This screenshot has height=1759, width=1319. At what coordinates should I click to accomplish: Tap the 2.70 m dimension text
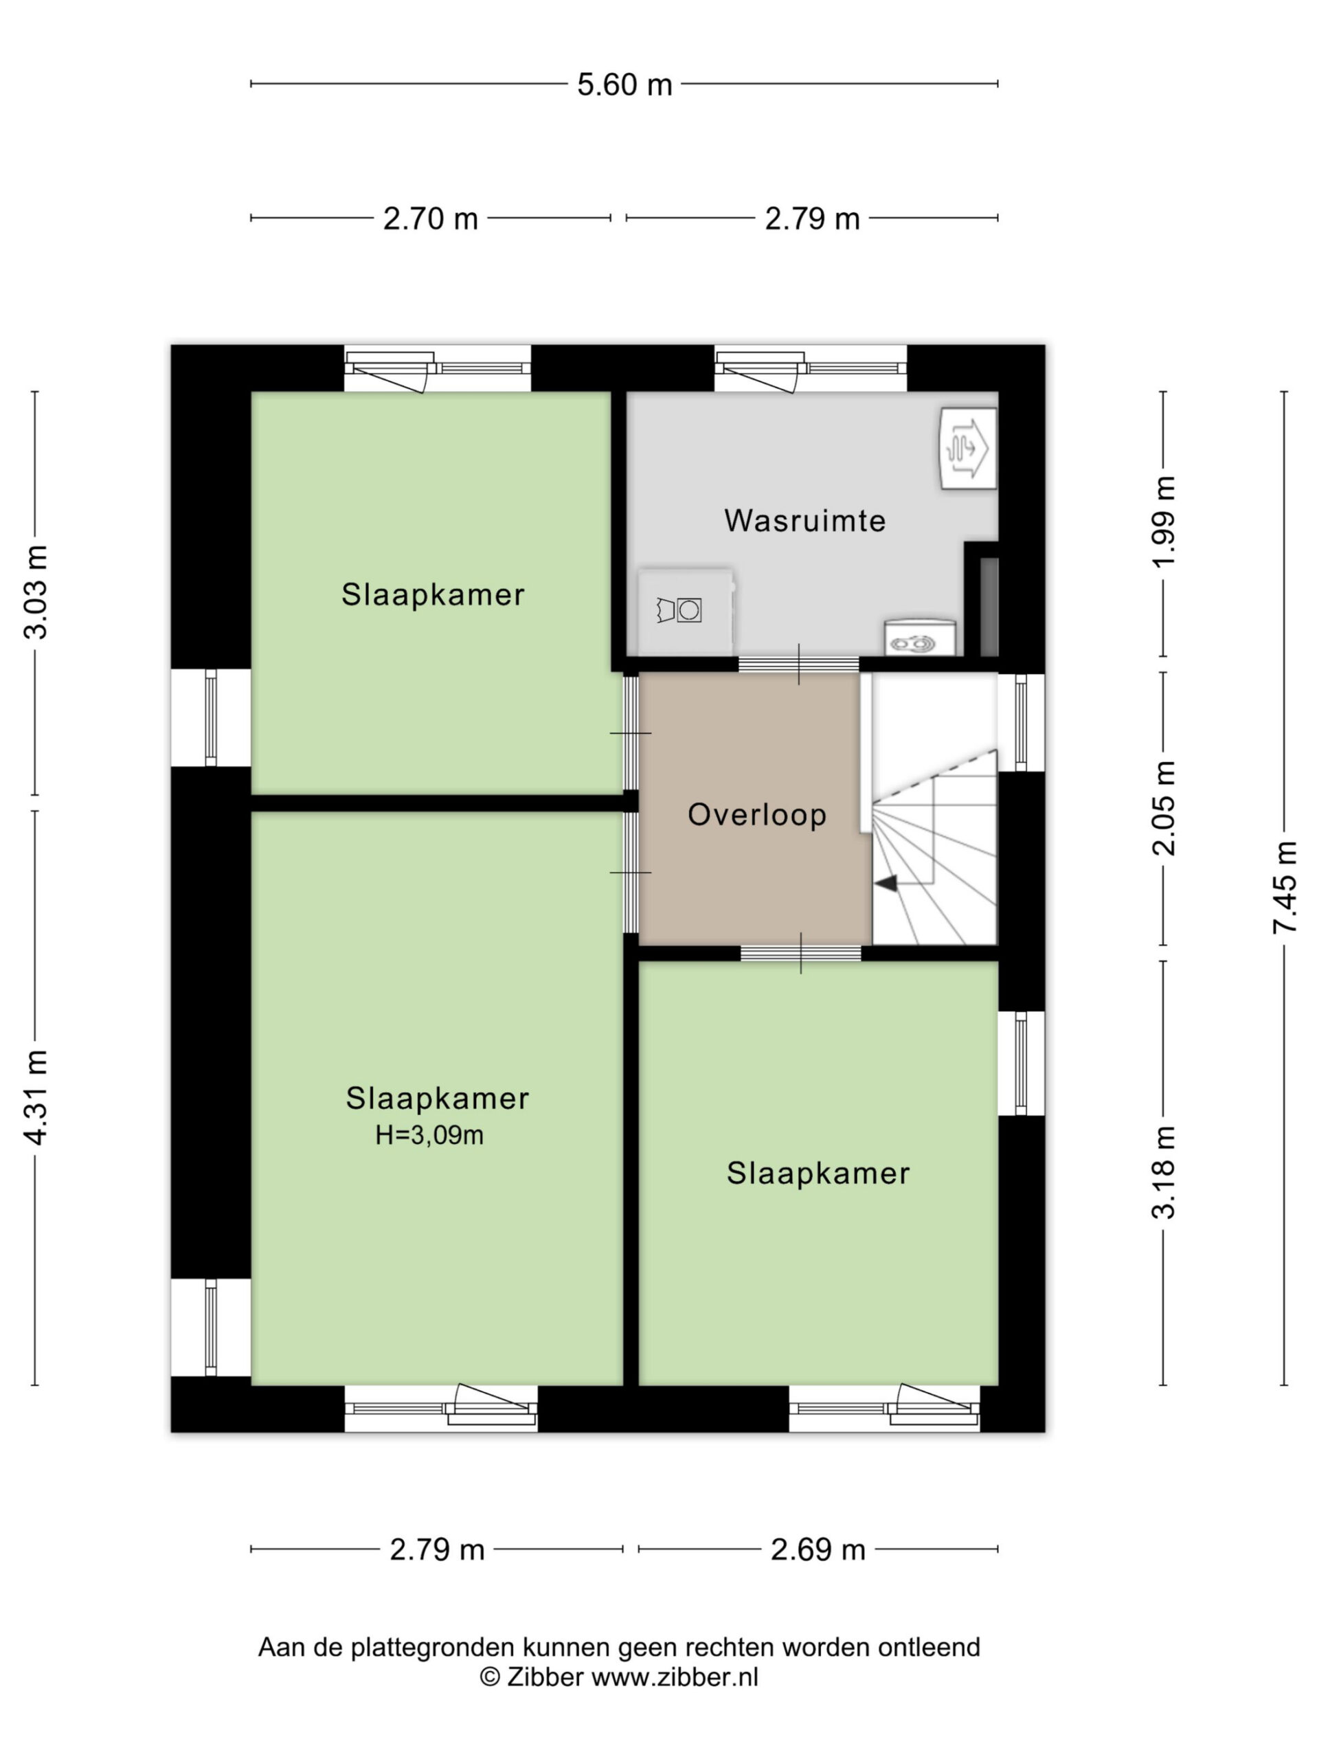(x=430, y=218)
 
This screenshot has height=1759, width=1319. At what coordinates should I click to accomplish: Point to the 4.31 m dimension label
(x=36, y=1097)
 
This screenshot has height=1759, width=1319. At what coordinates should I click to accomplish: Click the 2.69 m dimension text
(x=818, y=1549)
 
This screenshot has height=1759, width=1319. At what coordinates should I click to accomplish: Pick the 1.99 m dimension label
(x=1164, y=522)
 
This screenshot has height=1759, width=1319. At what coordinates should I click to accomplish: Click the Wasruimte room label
(x=804, y=521)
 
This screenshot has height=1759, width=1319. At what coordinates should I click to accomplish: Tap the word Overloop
(x=757, y=815)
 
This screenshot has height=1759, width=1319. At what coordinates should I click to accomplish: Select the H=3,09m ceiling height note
(x=429, y=1136)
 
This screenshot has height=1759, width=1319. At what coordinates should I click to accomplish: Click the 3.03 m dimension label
(x=36, y=592)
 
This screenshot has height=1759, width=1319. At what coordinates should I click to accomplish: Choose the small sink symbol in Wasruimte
(x=920, y=637)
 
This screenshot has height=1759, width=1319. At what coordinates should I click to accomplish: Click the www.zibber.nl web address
(x=675, y=1677)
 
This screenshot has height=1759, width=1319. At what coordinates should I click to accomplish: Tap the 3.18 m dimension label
(x=1164, y=1173)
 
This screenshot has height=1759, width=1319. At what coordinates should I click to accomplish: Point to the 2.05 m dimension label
(x=1164, y=809)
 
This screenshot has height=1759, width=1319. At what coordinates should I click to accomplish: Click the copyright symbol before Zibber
(x=490, y=1677)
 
